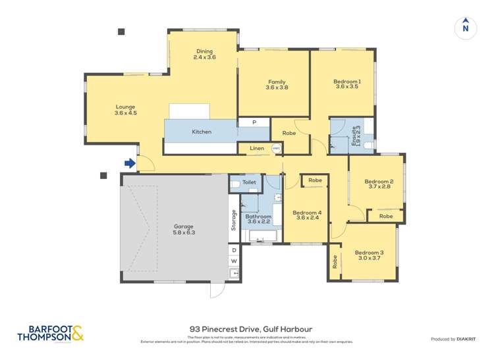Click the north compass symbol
[x=465, y=27]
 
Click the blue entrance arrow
[x=130, y=163]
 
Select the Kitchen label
[x=202, y=132]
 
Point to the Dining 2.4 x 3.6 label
[x=204, y=55]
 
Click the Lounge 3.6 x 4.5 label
[x=125, y=110]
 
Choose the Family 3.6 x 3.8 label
[x=277, y=84]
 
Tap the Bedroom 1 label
[x=348, y=84]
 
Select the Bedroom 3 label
[x=369, y=255]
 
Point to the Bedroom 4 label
[x=307, y=215]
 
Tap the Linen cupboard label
[x=257, y=149]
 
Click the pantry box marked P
[x=254, y=122]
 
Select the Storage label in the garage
[x=234, y=220]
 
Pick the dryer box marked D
[x=234, y=251]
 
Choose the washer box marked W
[x=234, y=261]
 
